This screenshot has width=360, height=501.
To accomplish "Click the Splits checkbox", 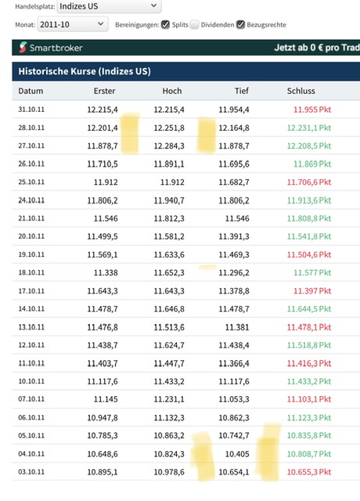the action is [x=165, y=24].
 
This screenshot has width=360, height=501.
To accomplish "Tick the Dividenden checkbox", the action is [x=194, y=24].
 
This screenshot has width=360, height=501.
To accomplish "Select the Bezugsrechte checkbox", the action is [x=240, y=24].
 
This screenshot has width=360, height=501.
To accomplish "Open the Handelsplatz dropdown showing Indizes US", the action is [x=109, y=6].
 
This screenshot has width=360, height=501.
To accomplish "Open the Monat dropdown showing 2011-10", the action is [x=73, y=24].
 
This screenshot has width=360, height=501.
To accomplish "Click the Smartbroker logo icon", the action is [x=23, y=47].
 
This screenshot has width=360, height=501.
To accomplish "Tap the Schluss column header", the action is [x=301, y=91].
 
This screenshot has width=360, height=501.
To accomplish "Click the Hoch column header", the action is [x=172, y=91].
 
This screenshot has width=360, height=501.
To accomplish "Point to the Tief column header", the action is [x=242, y=91].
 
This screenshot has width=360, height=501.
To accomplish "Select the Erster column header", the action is [x=104, y=91].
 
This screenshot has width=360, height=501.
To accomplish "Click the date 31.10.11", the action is [x=31, y=110].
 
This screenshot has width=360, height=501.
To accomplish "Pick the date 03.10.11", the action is [x=31, y=472].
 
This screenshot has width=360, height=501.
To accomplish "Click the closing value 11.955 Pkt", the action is [x=312, y=110].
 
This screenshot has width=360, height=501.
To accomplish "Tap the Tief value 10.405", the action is [x=237, y=454].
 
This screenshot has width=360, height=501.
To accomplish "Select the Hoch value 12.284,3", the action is [x=169, y=146].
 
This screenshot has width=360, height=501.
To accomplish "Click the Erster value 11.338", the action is [x=106, y=272].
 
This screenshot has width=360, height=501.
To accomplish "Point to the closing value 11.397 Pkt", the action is [x=312, y=290].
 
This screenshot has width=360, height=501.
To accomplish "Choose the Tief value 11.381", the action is [x=237, y=327].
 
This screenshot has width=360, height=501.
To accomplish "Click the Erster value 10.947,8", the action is [x=103, y=417].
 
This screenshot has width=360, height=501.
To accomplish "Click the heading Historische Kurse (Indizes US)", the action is [x=85, y=71].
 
